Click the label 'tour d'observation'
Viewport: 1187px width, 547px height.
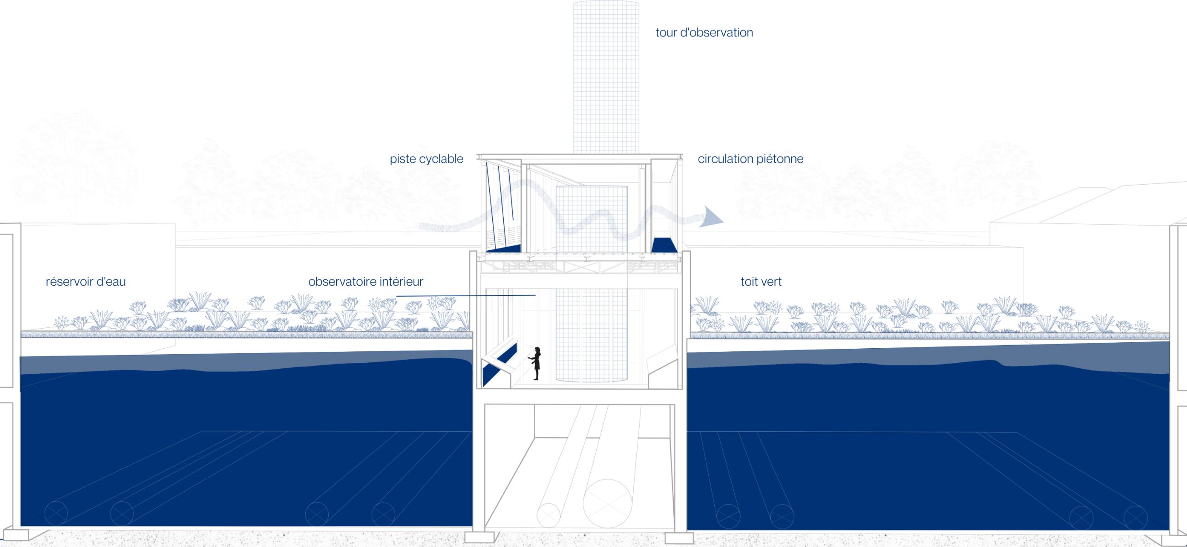point(704,32)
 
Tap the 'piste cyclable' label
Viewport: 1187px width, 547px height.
point(426,159)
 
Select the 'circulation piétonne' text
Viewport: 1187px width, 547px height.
point(750,159)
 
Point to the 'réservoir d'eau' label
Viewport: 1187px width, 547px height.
point(86,282)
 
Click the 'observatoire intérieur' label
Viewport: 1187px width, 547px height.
point(366,281)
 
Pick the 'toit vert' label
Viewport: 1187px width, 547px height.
point(761,282)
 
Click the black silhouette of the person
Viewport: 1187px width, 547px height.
point(536,364)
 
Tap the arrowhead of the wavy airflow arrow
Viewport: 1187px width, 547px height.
point(711,217)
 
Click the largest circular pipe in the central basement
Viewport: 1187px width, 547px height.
point(607,503)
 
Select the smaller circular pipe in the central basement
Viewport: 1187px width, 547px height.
point(548,516)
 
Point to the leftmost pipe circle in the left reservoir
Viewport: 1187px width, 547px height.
point(56,513)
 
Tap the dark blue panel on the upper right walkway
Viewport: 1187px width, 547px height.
point(664,245)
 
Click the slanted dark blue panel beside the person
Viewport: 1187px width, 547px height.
point(500,364)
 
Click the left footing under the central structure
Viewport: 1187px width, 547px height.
point(482,537)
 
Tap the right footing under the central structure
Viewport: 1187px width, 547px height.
point(679,538)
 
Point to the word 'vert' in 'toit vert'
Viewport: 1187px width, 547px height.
point(771,282)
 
